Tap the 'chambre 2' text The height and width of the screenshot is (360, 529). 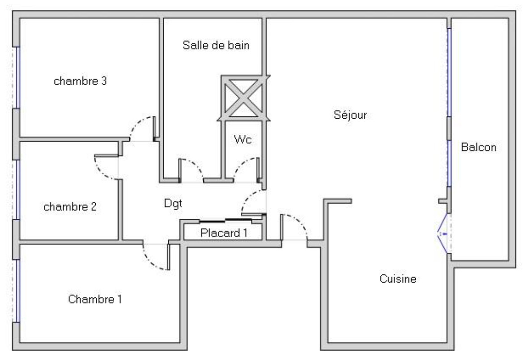pyautogui.click(x=70, y=207)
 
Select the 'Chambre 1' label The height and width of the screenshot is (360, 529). pyautogui.click(x=94, y=299)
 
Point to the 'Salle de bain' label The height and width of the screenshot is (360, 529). pyautogui.click(x=216, y=45)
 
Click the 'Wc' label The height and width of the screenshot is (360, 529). pyautogui.click(x=243, y=140)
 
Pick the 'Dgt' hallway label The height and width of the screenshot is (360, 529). pyautogui.click(x=173, y=203)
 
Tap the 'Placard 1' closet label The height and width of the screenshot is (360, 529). pyautogui.click(x=224, y=233)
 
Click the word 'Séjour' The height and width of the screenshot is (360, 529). pyautogui.click(x=350, y=115)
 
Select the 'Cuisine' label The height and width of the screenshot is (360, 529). pyautogui.click(x=398, y=279)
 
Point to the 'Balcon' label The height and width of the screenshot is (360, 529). pyautogui.click(x=478, y=147)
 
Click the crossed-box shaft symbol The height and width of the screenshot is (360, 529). pyautogui.click(x=243, y=98)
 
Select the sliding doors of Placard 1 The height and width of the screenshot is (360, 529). pyautogui.click(x=224, y=220)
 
